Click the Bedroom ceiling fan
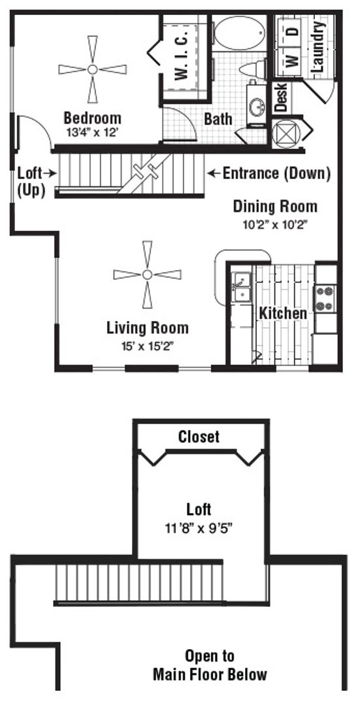pos(92,69)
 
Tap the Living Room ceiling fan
pos(147,275)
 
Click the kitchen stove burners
pos(325,299)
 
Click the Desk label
pos(281,97)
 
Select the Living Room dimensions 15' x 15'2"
pos(147,346)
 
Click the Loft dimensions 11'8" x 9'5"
pos(199,528)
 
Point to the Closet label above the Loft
pos(199,436)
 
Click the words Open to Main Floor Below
pos(210,665)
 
